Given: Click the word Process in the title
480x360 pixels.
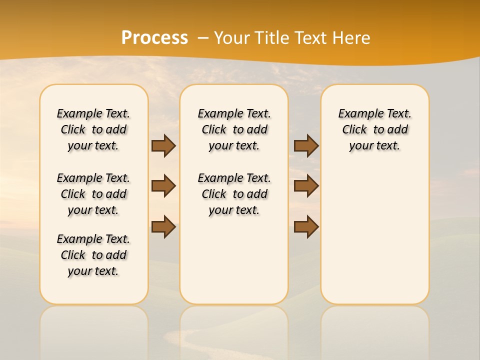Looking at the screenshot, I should pos(154,37).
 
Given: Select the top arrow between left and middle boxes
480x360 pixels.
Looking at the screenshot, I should pos(163,145).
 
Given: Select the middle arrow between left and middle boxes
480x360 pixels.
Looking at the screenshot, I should pos(163,186).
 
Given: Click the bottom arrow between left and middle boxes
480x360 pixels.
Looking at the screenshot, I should pos(163,226).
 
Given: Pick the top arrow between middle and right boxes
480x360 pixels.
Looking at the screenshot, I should pos(306,145).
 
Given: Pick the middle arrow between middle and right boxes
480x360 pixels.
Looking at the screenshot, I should pos(306,186).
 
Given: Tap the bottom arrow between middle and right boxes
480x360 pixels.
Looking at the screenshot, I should pos(306,226).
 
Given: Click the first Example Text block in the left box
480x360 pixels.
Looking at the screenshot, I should pos(93,129).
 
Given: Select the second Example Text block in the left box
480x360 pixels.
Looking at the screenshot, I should pos(93,194).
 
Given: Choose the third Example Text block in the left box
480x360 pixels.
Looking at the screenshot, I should pos(93,255).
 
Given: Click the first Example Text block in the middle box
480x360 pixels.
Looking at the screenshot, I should pos(234,129).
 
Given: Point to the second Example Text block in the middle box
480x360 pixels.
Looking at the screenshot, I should pos(234,194).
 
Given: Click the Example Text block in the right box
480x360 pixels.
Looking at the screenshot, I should pos(374,129).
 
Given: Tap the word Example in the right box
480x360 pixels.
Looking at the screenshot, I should pos(356,114).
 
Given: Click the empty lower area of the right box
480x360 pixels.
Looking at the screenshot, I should pos(374,240).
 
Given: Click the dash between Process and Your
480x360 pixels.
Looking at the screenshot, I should pos(203,38).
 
